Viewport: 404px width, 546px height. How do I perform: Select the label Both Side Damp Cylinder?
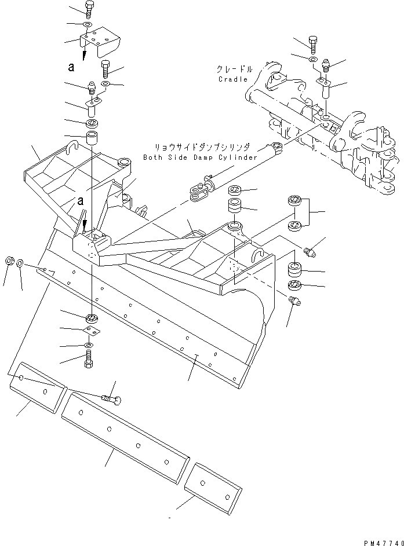coord(199,157)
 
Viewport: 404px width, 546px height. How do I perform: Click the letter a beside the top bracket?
coord(71,67)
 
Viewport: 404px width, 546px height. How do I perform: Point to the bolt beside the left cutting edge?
coord(112,399)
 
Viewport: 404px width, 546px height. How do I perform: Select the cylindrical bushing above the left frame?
coord(93,140)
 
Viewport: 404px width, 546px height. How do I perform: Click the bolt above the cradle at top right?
coord(312,43)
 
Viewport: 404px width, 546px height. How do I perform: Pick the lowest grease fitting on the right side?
coord(293,299)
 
